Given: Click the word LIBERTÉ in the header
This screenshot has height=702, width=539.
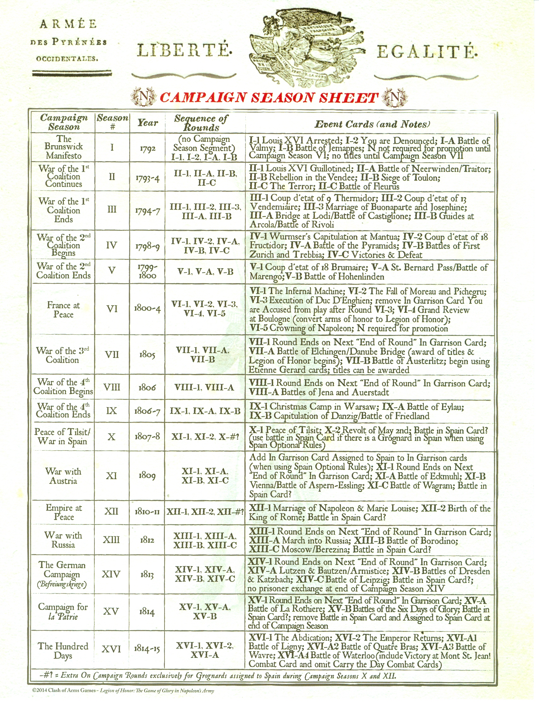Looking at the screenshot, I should [184, 50].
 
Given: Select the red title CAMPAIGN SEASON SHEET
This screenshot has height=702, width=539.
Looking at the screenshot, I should [269, 97].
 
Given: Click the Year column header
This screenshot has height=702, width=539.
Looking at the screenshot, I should [147, 123].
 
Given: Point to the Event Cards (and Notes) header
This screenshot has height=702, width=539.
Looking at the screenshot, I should [372, 124].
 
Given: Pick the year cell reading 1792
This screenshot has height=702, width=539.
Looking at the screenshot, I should [147, 149].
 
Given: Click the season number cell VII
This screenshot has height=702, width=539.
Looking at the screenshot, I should [112, 354].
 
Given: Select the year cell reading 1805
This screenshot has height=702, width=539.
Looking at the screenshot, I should [147, 355].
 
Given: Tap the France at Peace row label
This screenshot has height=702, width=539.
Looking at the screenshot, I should [63, 309].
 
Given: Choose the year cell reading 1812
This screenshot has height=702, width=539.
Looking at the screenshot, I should [147, 540].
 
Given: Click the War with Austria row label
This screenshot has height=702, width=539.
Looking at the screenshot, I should [63, 476].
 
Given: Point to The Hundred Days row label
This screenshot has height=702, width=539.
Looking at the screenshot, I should [63, 650].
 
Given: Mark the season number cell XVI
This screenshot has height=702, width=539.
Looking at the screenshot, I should [111, 649].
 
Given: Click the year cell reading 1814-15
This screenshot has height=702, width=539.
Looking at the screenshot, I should [147, 649].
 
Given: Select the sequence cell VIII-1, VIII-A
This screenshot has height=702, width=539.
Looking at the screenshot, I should [204, 387].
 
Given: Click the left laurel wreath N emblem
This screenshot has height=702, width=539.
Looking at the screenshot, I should [144, 97].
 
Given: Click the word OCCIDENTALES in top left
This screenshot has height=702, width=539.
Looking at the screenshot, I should [67, 59].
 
